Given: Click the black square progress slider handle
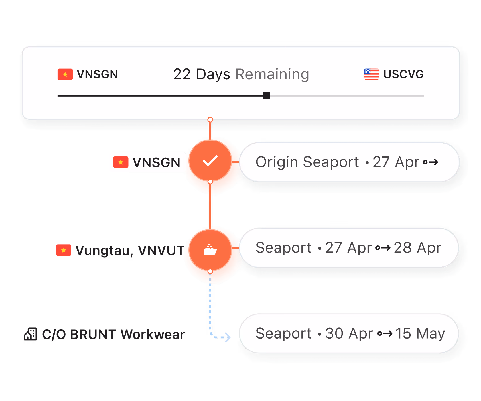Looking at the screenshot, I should (x=267, y=95).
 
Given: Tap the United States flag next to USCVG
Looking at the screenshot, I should (x=371, y=74).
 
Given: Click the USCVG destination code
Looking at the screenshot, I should (x=403, y=74).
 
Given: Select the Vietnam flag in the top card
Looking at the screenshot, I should (x=65, y=74).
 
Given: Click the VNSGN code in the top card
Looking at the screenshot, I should (x=97, y=74).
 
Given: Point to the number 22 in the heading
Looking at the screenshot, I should (x=182, y=74).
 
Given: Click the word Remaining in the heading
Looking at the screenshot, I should (x=272, y=74).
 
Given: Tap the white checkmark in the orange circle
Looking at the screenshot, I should (x=210, y=161).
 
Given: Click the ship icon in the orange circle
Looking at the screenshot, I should (x=210, y=250).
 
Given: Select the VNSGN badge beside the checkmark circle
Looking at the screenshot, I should (x=147, y=162).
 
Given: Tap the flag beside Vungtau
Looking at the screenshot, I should (x=64, y=250).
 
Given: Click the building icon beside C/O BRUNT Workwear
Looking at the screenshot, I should (x=30, y=334).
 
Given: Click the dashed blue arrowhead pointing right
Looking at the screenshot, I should (x=228, y=337).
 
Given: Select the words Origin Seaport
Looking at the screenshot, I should (x=307, y=162).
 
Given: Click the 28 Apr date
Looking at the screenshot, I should (x=417, y=248).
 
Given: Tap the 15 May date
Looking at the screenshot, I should (x=420, y=333).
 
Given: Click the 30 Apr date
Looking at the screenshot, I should (x=349, y=333).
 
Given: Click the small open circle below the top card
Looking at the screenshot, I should (x=210, y=120).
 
